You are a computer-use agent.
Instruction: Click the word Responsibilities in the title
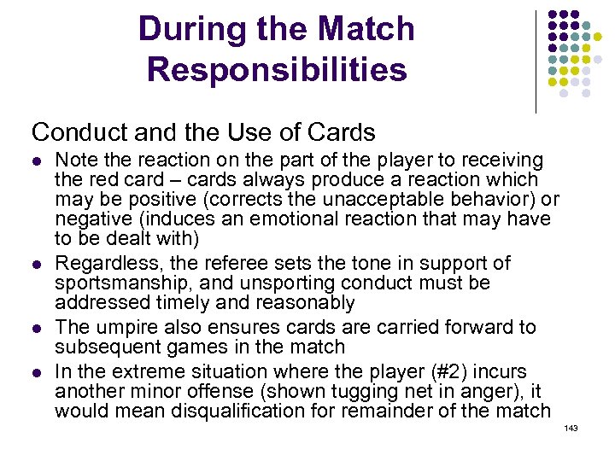coord(277,69)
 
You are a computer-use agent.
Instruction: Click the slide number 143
coord(571,428)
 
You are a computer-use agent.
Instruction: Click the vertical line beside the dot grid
coord(536,61)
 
